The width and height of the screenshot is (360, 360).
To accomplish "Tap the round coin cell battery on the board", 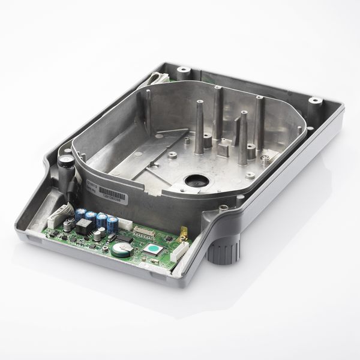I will pyautogui.click(x=119, y=249).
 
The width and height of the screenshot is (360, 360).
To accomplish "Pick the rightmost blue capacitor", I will pyautogui.click(x=113, y=223).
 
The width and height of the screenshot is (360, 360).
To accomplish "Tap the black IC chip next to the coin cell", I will pyautogui.click(x=124, y=237).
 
